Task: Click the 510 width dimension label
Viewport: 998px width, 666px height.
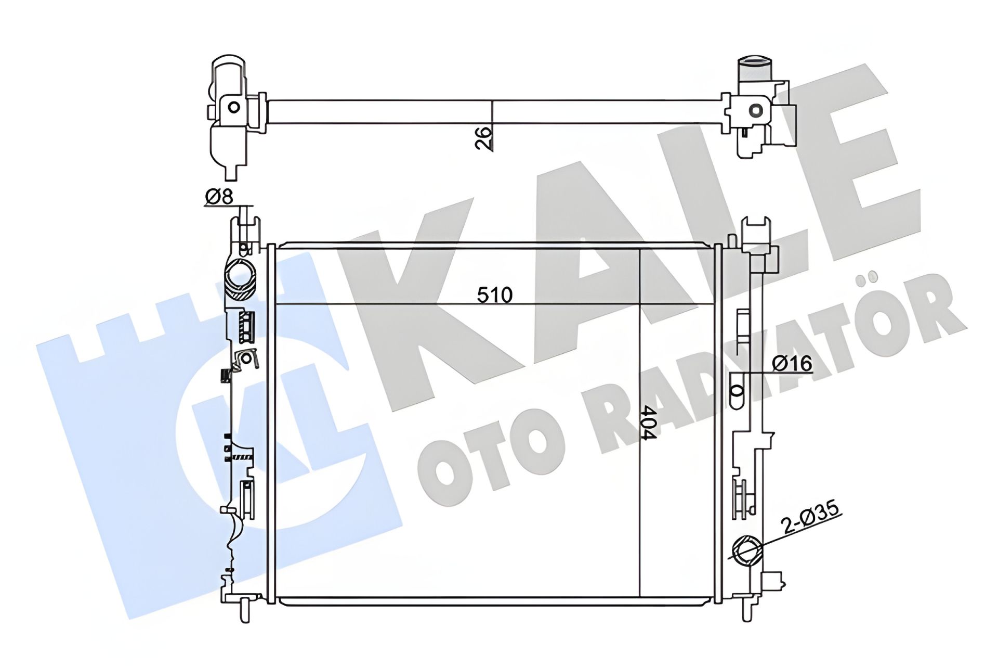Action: [495, 295]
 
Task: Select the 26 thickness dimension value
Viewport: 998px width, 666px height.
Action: [483, 138]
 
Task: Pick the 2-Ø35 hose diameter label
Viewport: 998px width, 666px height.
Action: [812, 518]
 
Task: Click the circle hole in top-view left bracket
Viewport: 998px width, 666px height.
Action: [234, 108]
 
